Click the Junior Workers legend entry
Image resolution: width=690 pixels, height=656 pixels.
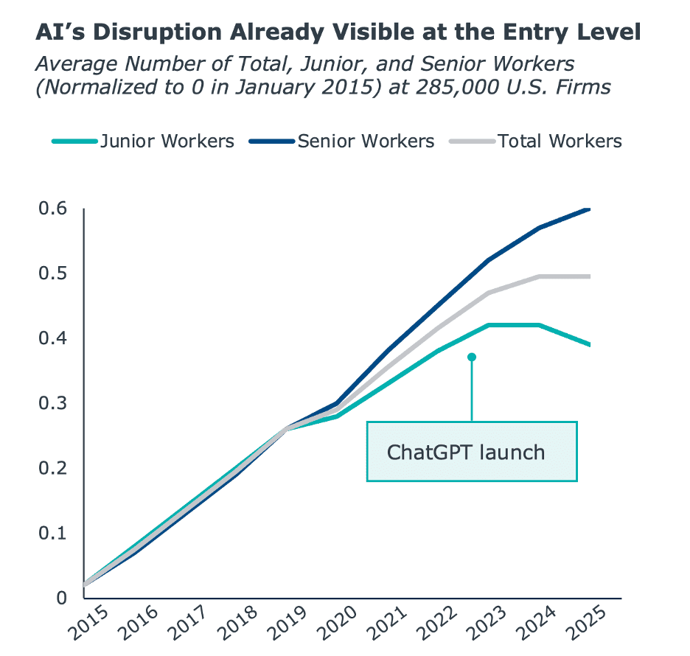pos(144,141)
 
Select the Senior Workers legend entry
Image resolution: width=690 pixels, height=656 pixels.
pos(342,141)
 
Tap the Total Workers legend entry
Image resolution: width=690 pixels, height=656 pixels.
pos(536,141)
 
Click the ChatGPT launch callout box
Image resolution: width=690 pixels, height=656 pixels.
pos(472,451)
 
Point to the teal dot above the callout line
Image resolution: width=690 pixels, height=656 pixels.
pos(472,357)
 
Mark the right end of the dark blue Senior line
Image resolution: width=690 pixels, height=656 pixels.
pos(589,209)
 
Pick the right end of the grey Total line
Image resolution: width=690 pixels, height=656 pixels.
pos(589,276)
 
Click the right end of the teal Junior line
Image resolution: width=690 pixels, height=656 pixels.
pos(589,344)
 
